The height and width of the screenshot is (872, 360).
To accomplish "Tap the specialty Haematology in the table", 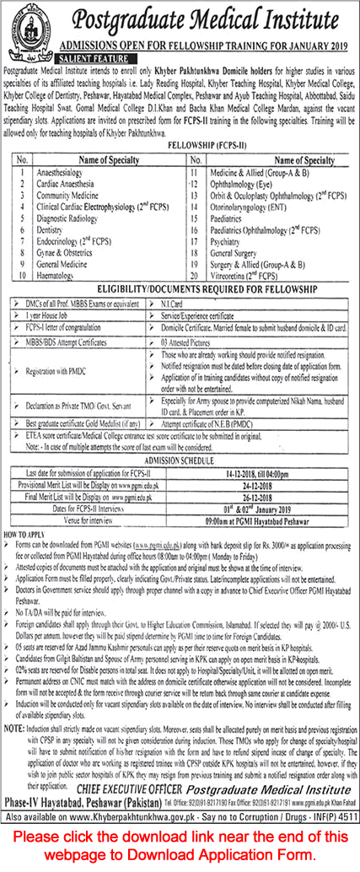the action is (x=59, y=276).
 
